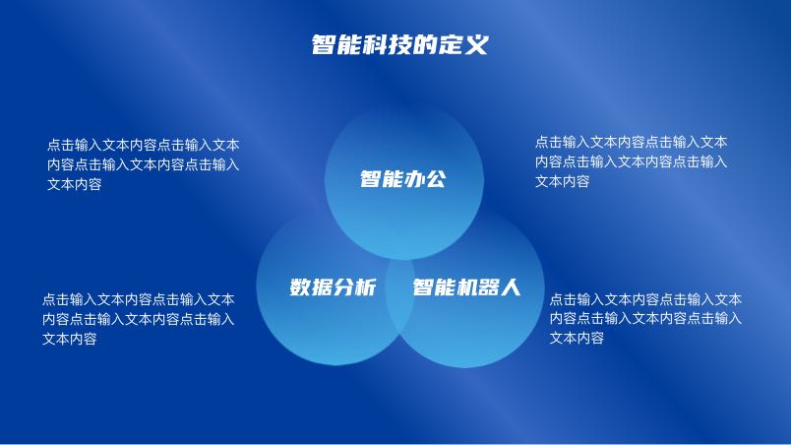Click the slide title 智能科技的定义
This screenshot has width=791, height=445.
[x=399, y=45]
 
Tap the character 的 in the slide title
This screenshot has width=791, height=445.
[x=424, y=45]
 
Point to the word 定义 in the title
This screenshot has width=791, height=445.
[x=463, y=45]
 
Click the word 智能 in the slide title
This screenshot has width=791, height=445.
[x=335, y=45]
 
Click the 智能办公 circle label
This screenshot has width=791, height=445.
[x=403, y=179]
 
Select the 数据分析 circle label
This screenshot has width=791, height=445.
[x=333, y=287]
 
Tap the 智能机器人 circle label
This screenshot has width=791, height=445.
[x=466, y=287]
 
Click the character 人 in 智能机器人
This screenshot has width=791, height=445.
[x=510, y=287]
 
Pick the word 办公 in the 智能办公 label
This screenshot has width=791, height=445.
[x=425, y=179]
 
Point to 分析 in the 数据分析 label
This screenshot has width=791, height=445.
[x=354, y=287]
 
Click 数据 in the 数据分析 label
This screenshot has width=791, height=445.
[x=311, y=287]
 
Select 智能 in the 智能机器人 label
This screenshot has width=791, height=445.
[x=434, y=287]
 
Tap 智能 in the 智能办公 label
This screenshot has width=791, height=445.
[x=382, y=179]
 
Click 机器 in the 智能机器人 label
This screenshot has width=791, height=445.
[x=477, y=287]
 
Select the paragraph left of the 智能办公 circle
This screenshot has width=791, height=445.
[x=144, y=164]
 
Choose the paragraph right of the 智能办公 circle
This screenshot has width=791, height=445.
[x=631, y=161]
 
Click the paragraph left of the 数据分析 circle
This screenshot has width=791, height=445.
[x=138, y=319]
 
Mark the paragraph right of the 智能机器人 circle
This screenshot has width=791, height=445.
[x=645, y=318]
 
